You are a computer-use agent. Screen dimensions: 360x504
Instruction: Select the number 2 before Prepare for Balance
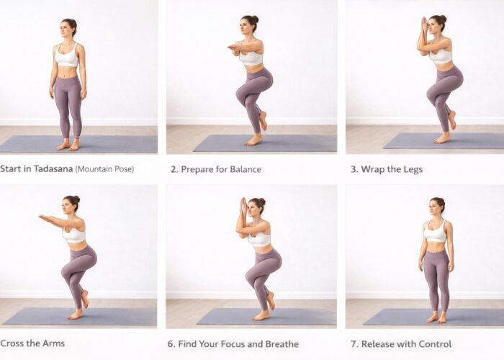coord(174,169)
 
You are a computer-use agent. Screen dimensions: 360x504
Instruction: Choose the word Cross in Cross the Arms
coord(12,343)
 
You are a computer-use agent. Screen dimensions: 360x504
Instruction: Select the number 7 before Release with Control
coord(353,343)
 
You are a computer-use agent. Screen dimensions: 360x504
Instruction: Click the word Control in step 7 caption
coord(433,343)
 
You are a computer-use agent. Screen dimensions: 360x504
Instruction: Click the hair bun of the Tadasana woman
coord(73,22)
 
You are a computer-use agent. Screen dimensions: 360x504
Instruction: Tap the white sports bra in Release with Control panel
coord(436,233)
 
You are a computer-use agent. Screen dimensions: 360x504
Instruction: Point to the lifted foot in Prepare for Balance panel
coord(263,121)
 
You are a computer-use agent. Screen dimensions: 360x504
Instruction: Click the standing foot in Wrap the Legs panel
coord(441,138)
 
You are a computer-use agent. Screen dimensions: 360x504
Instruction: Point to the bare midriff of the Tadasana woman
coord(68,71)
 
